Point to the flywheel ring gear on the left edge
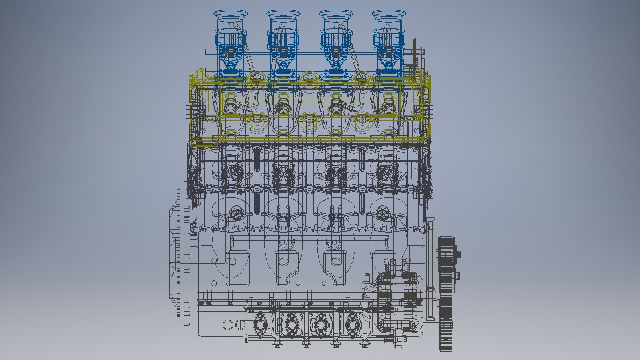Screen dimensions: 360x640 point(179,253)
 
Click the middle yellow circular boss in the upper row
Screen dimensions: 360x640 point(309,77)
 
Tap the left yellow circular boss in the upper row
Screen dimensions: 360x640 point(257,77)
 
